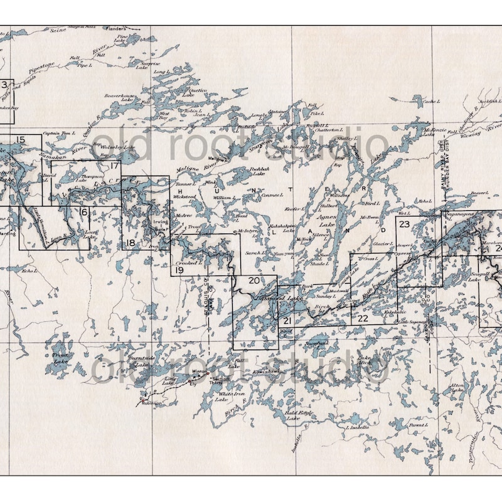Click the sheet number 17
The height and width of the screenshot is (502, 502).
point(114,166)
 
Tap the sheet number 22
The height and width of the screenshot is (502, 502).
point(363,318)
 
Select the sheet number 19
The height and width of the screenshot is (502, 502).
point(179,270)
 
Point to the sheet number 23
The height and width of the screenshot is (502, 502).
point(404,224)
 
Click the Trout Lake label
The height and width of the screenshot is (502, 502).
point(60,358)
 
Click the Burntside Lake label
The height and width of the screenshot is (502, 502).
point(137,361)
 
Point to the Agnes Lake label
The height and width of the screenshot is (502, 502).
point(327,220)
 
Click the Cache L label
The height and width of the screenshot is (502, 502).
point(431,101)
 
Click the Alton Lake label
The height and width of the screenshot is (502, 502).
point(457,389)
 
